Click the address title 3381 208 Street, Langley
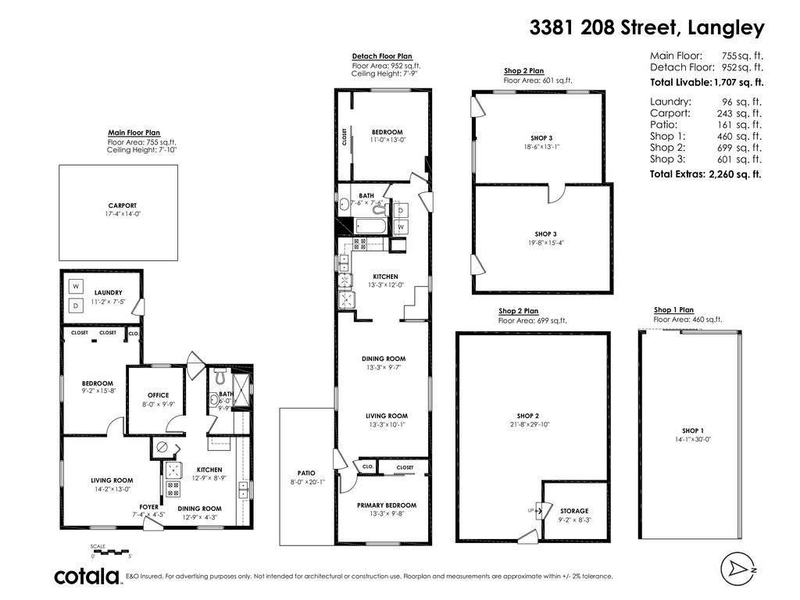point(647,28)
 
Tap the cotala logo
point(87,577)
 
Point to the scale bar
point(109,552)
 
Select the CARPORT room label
point(118,206)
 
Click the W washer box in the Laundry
point(76,286)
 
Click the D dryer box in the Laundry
point(76,305)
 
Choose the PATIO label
point(305,473)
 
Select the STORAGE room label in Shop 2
point(574,511)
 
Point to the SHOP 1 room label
point(692,430)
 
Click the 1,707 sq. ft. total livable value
point(738,82)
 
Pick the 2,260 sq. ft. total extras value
point(734,175)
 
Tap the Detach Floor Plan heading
point(382,56)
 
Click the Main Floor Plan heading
point(134,133)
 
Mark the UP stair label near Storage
point(531,511)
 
